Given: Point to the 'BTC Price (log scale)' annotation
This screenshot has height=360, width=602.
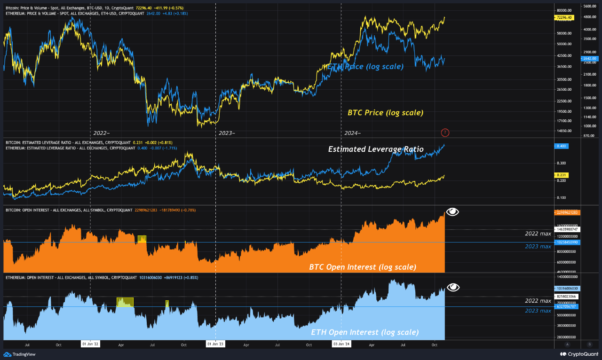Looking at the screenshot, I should [x=385, y=113].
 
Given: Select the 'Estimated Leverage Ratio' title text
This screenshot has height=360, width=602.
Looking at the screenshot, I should [x=376, y=149].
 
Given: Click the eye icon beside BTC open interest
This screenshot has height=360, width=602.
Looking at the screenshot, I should [x=452, y=211].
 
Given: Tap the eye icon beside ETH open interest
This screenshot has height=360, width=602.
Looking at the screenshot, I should [x=453, y=288].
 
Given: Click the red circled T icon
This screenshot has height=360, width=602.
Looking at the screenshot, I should [x=445, y=133].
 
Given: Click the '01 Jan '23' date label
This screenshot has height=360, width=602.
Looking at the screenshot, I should [x=215, y=344].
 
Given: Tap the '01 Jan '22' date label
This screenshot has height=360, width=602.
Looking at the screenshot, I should [x=90, y=344].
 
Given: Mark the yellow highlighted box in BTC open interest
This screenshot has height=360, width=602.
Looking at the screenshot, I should [x=142, y=239].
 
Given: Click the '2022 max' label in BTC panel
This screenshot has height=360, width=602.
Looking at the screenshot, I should [x=538, y=233].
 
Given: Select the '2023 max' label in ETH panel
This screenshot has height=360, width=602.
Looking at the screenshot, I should [x=538, y=311].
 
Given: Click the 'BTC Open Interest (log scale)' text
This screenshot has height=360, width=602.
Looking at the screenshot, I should [x=362, y=267].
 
